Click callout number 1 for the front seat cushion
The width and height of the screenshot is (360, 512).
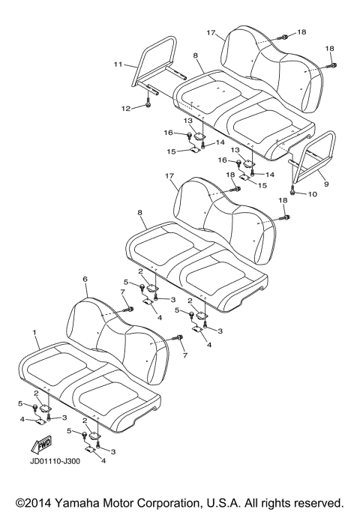(34, 331)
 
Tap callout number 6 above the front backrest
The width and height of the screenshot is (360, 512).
(85, 279)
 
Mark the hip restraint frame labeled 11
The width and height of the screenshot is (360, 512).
(159, 64)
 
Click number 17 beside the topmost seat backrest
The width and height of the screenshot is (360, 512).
(211, 33)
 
